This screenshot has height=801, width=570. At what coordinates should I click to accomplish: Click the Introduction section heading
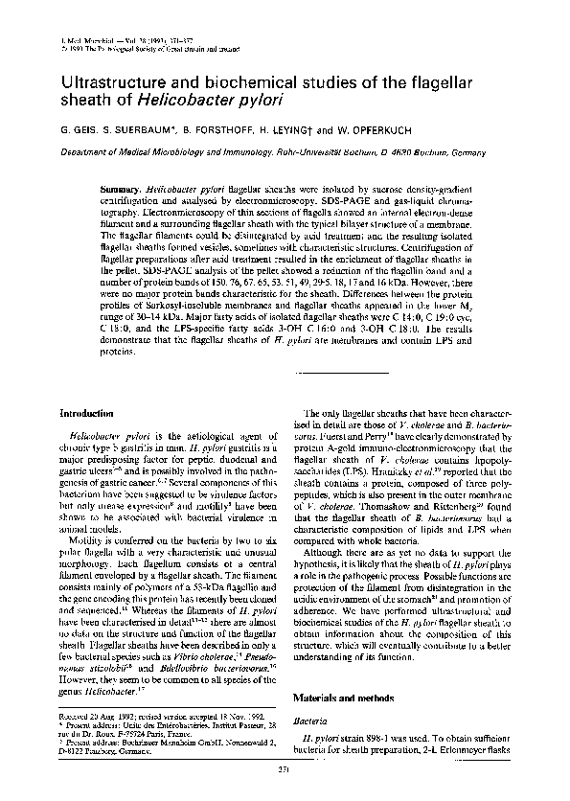[88, 413]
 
